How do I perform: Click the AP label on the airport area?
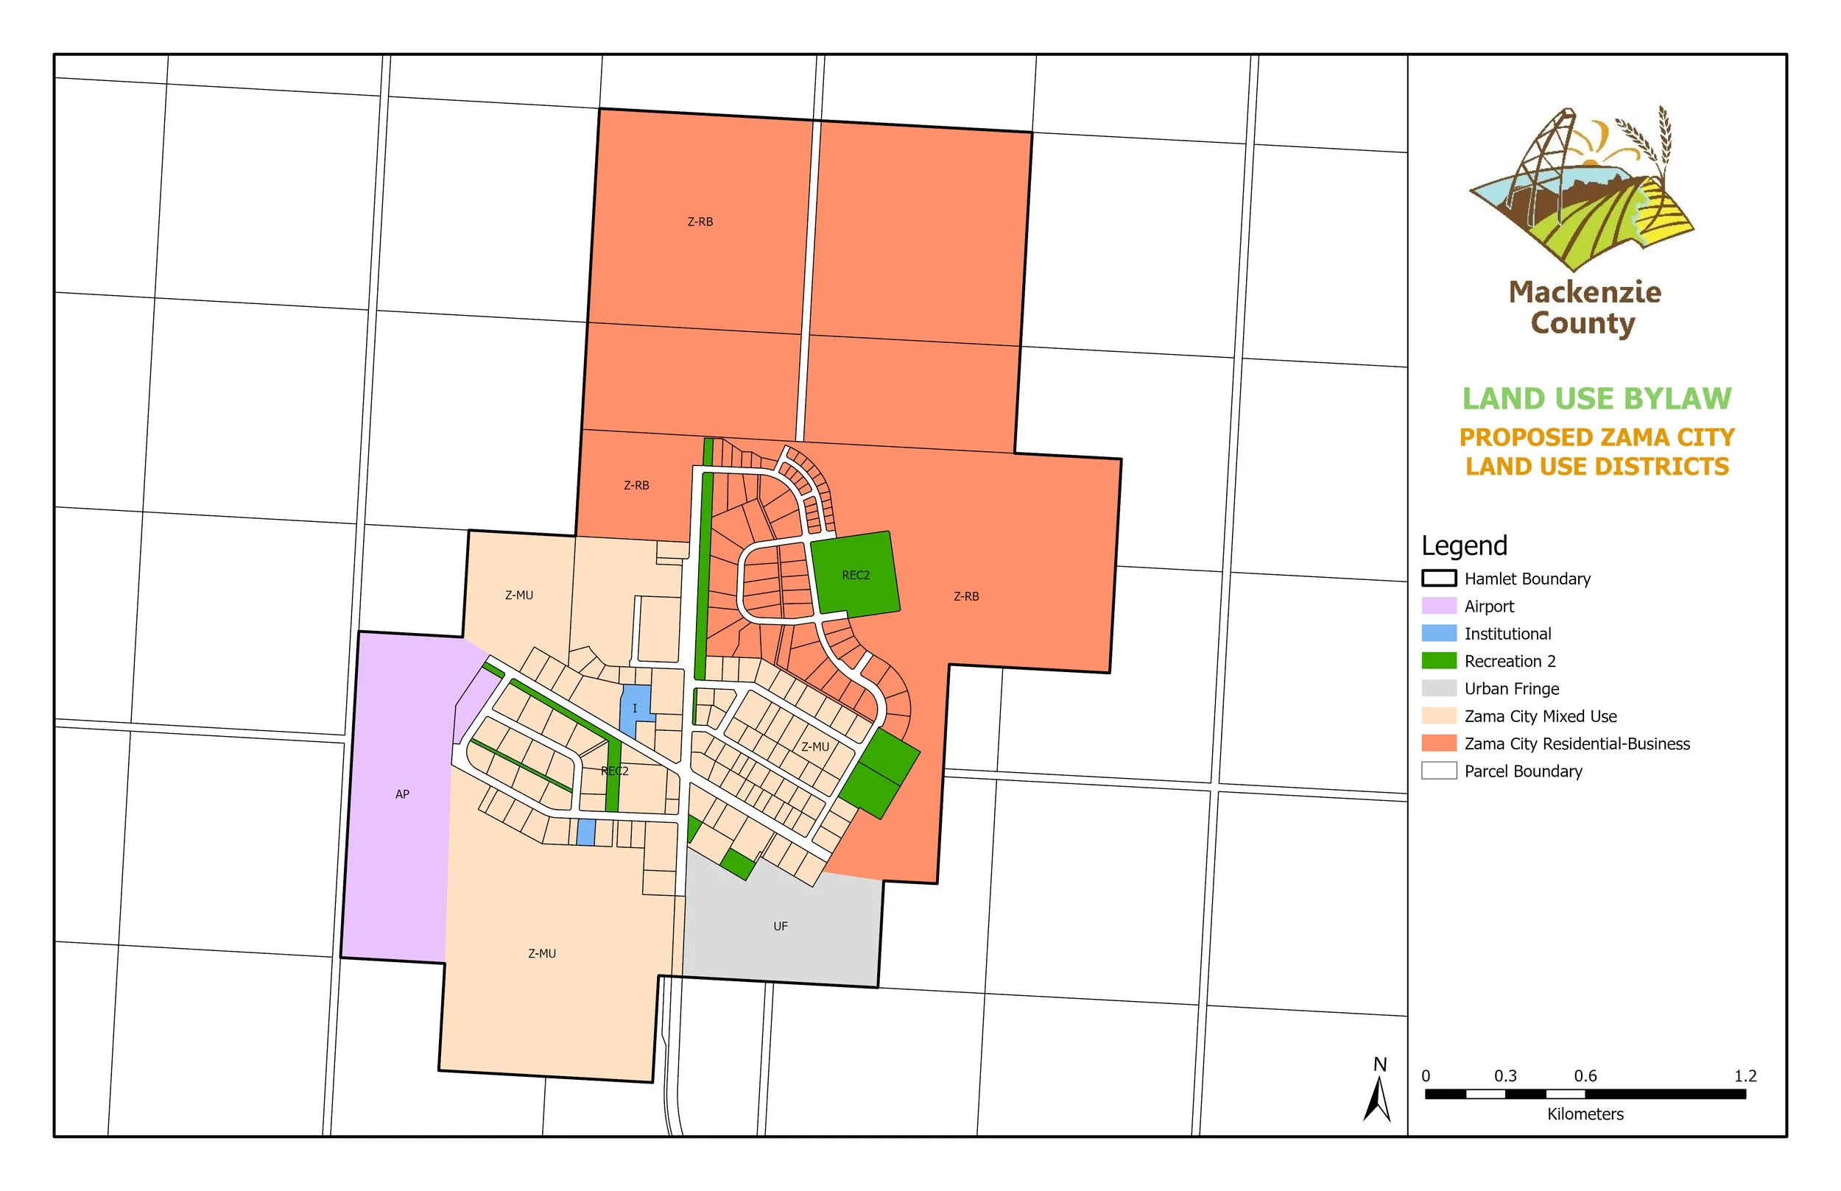(x=402, y=794)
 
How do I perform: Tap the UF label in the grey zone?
(x=781, y=927)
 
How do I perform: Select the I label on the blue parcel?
(x=635, y=708)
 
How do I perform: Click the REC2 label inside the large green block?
(x=856, y=576)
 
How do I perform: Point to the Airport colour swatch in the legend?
(x=1439, y=607)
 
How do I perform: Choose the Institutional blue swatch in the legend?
(x=1439, y=633)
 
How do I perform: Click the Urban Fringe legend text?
(x=1512, y=689)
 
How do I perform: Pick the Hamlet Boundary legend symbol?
(x=1439, y=579)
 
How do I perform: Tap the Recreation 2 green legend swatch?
(x=1439, y=661)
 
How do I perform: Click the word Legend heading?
(x=1464, y=546)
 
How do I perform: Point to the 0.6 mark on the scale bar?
(x=1585, y=1077)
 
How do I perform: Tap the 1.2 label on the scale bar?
(x=1745, y=1077)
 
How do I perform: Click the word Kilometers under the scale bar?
(x=1585, y=1114)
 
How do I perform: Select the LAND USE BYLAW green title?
(x=1597, y=399)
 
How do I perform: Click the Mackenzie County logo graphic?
(x=1582, y=189)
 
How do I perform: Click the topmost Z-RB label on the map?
(x=700, y=222)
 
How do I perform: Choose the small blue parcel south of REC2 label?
(x=586, y=832)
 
